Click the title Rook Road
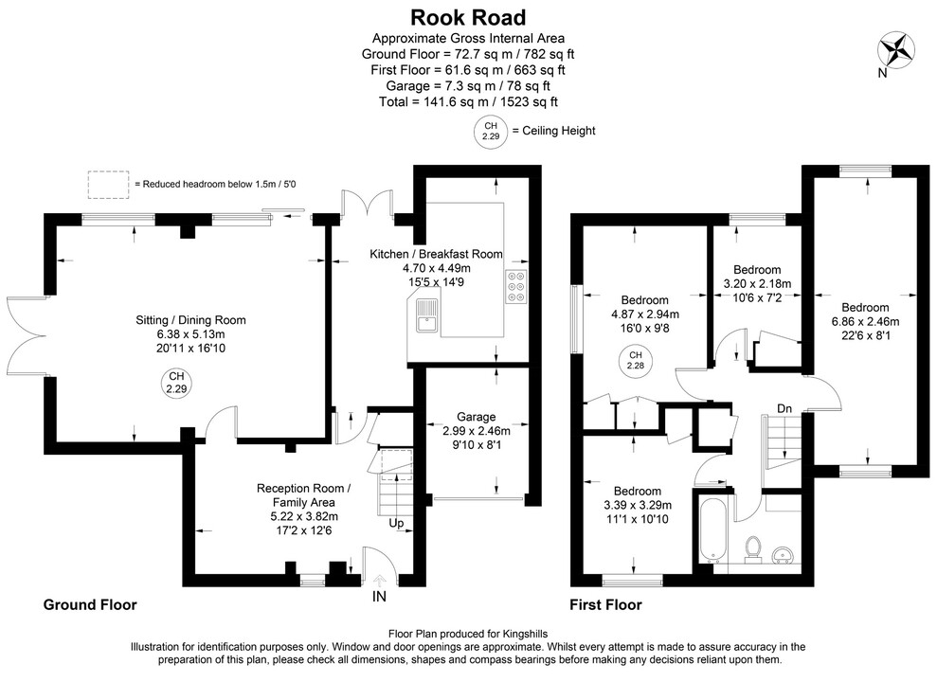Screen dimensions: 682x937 468,17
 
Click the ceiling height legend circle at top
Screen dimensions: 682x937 490,131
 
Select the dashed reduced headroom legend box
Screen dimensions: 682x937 108,184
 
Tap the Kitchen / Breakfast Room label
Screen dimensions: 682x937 436,255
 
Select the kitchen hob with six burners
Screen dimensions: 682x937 516,287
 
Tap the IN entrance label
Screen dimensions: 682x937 379,597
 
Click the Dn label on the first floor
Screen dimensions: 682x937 784,408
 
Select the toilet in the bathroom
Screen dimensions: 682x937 754,548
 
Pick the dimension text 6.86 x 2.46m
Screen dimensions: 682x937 865,322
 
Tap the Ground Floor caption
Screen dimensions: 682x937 90,604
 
